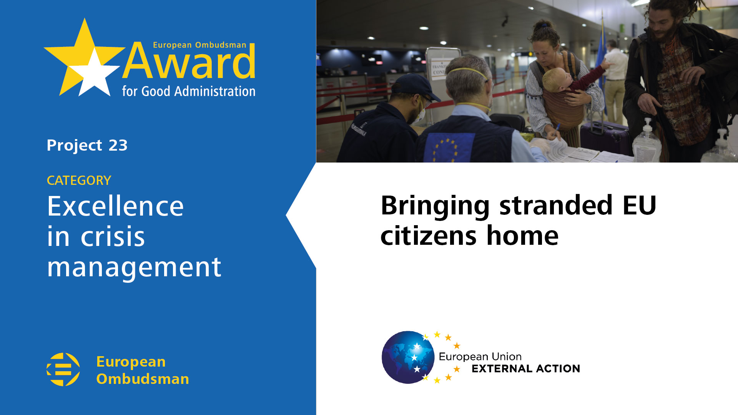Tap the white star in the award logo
[x=94, y=74]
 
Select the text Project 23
[x=87, y=145]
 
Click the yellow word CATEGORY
[x=79, y=180]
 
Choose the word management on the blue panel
[x=134, y=268]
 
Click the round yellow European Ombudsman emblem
[x=63, y=369]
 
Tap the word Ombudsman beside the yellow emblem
[x=143, y=379]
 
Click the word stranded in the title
[x=556, y=205]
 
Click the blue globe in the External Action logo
[x=408, y=357]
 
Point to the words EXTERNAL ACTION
[x=526, y=369]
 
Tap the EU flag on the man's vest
[x=449, y=148]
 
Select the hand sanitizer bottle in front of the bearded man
[x=647, y=142]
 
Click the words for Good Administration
[x=189, y=91]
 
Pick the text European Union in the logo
[x=480, y=357]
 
